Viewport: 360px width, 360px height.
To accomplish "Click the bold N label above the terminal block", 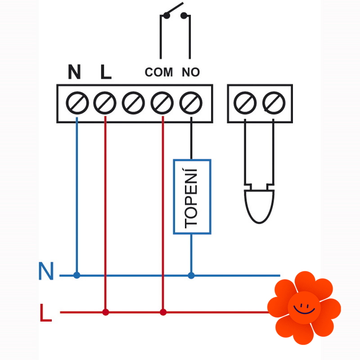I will tap(75, 72).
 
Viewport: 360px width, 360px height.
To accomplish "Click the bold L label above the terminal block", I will tap(105, 72).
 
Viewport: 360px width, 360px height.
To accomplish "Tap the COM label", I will tap(159, 72).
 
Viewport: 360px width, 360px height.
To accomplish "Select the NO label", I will tap(191, 72).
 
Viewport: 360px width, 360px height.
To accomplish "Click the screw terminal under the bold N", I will tap(77, 103).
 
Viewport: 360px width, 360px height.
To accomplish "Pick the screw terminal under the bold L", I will tap(105, 103).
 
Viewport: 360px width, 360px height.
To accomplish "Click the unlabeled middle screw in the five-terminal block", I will tap(133, 103).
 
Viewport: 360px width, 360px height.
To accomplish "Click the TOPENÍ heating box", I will tap(192, 196).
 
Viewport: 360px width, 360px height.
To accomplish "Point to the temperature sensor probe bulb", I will tap(259, 205).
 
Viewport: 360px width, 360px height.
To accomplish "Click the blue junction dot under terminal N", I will tap(77, 275).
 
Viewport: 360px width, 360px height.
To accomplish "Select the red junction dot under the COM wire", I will tap(163, 311).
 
